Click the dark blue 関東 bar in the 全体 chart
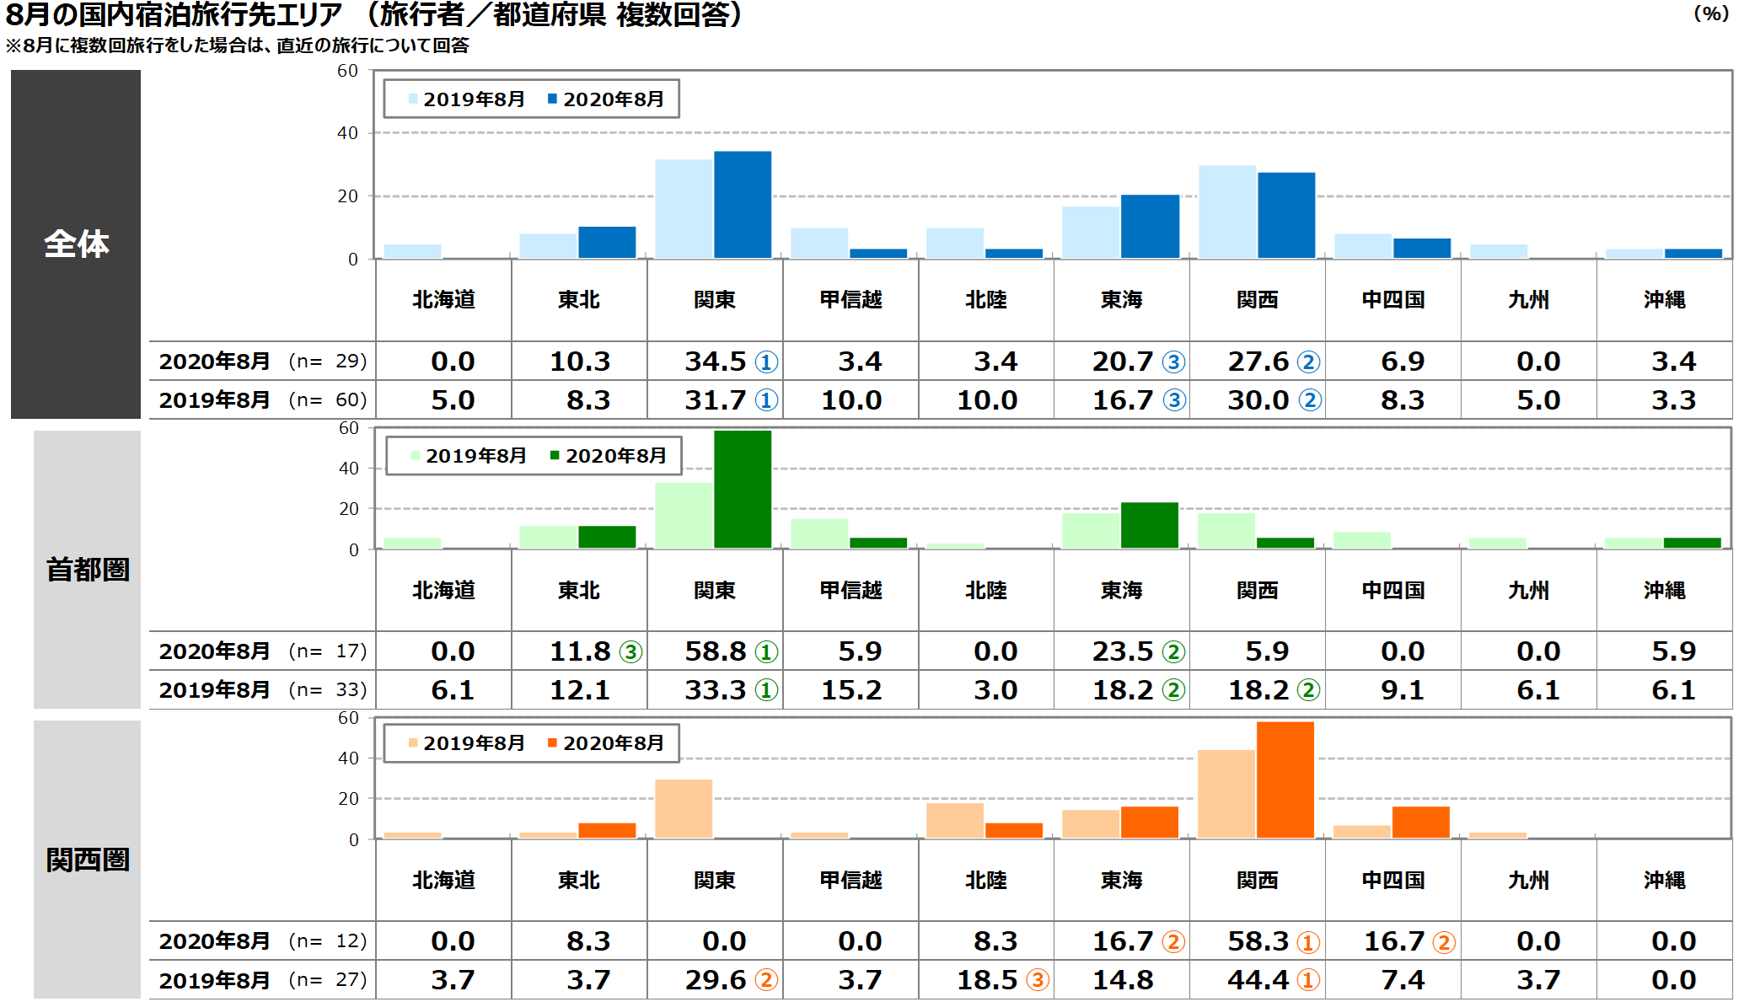click(x=743, y=205)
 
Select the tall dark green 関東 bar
click(x=743, y=490)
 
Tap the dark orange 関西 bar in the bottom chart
click(x=1285, y=780)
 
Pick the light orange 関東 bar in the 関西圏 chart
click(x=684, y=809)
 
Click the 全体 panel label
click(x=77, y=244)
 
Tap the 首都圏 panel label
click(x=88, y=570)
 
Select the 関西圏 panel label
click(x=88, y=860)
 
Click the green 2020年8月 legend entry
click(x=608, y=456)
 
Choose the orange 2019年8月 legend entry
click(x=466, y=743)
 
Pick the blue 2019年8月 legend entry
click(x=466, y=99)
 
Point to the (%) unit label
click(x=1712, y=13)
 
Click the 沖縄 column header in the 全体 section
click(x=1665, y=300)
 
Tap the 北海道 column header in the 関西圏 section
click(x=444, y=881)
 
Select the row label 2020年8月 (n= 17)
click(x=263, y=651)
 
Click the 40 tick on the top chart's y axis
click(x=348, y=133)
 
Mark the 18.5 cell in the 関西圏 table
click(x=987, y=980)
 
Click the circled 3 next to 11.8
click(x=630, y=652)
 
